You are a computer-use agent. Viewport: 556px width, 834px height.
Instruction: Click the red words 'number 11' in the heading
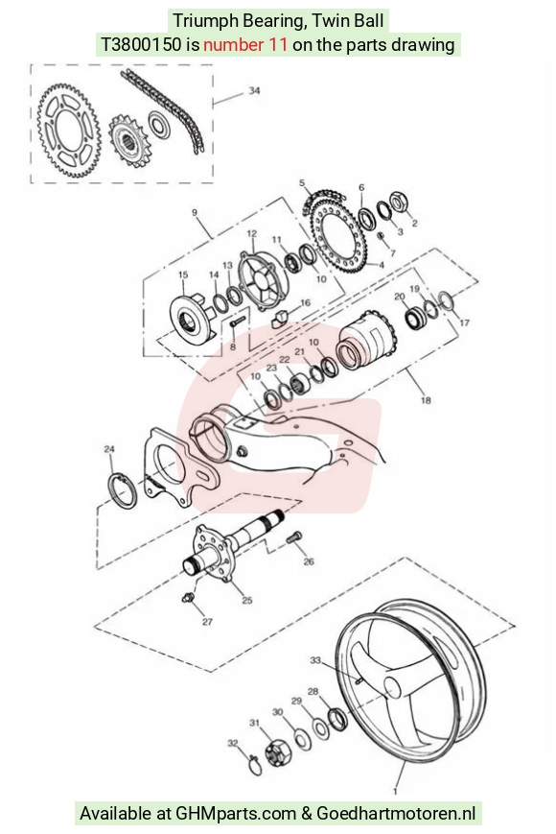point(245,44)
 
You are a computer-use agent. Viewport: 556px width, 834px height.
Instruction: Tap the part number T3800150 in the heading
point(141,44)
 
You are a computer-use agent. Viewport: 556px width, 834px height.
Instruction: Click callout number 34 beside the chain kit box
point(254,90)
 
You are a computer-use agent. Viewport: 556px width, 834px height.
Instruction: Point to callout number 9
point(195,213)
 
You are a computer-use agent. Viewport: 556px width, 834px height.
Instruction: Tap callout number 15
point(183,275)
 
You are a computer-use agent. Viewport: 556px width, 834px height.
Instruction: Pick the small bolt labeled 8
point(237,322)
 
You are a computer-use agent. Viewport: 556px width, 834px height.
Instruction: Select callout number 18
point(426,400)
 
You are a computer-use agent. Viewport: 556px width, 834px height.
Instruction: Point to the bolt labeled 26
point(293,537)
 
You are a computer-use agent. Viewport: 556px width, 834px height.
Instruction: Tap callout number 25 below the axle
point(247,601)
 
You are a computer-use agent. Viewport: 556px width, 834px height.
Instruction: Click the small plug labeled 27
point(188,598)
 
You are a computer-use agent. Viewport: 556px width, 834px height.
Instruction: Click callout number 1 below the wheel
point(395,792)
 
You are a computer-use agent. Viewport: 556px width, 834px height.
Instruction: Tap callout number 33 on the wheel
point(315,660)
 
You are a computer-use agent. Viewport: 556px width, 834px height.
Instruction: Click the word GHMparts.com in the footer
point(235,814)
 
